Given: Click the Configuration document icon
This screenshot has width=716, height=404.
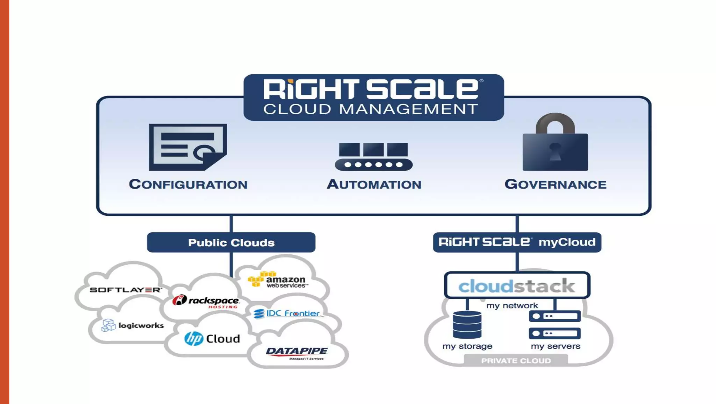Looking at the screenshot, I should (x=188, y=147).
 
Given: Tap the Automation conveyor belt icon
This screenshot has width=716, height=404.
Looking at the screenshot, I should (x=373, y=156).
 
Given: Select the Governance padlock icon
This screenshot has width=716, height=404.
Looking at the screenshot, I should (x=555, y=143).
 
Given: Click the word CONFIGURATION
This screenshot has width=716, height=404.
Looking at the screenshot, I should (x=188, y=184).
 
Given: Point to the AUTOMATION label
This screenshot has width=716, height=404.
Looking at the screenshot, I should (x=374, y=184).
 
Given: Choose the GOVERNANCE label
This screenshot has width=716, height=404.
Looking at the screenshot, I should (x=555, y=184).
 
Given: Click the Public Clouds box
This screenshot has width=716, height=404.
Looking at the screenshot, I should (x=231, y=242).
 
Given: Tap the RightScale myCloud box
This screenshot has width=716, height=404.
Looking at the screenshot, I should (x=517, y=242).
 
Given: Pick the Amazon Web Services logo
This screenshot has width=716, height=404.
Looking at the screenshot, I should (x=278, y=280).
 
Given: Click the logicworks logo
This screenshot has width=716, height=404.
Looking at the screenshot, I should (x=133, y=325).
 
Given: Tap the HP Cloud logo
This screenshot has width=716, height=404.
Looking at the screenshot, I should (x=212, y=339).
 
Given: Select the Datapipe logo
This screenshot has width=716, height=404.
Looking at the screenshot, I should (x=297, y=352).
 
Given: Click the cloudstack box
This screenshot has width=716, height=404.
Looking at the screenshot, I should (x=517, y=285).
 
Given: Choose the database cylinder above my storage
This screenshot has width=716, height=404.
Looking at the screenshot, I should (x=467, y=325).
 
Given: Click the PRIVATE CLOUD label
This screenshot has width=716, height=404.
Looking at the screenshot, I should (x=516, y=361).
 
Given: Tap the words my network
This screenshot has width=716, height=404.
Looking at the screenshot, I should (x=512, y=306).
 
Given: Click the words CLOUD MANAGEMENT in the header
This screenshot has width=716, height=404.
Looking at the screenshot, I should (x=371, y=109).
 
